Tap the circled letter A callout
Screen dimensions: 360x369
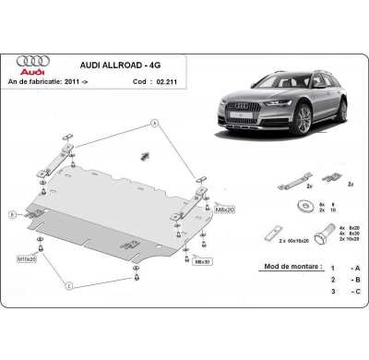coord(153,122)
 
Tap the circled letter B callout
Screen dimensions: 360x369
coord(12,214)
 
